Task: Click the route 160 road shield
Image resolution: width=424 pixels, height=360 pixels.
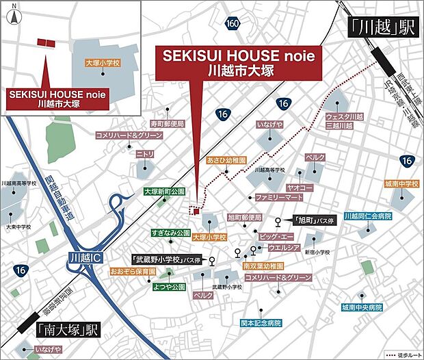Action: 232,24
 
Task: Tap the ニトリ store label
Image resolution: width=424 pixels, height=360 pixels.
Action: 144,155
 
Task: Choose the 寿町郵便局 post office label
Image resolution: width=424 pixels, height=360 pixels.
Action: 149,124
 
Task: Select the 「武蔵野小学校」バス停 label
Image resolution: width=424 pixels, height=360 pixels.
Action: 168,259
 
